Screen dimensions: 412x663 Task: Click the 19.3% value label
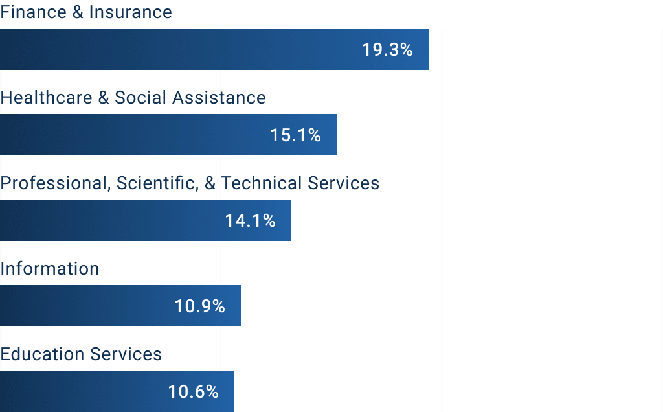[x=387, y=50]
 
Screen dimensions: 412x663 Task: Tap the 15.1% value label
[x=295, y=135]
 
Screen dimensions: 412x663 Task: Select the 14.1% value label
[x=250, y=221]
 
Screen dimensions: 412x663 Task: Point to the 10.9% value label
[x=199, y=306]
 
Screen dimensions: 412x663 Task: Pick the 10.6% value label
[x=193, y=392]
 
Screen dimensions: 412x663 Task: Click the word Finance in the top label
[x=32, y=12]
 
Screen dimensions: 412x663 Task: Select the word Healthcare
[x=45, y=98]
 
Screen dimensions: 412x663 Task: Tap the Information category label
[x=50, y=269]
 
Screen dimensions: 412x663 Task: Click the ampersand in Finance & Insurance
[x=78, y=12]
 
